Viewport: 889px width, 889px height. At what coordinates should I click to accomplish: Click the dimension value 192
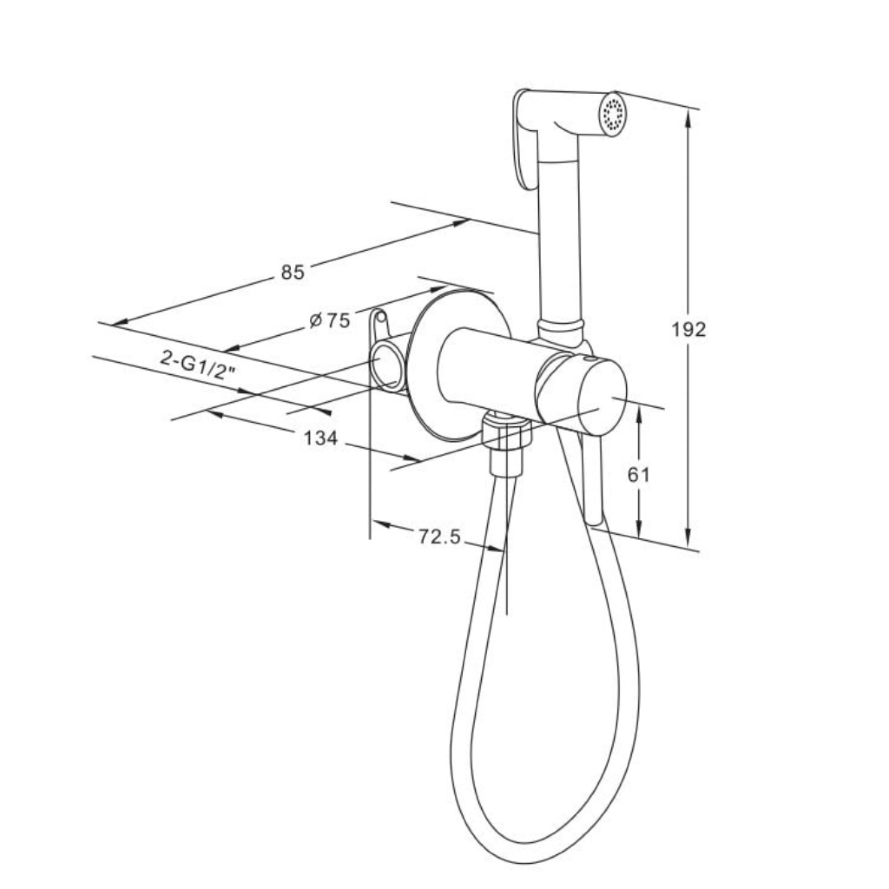(689, 329)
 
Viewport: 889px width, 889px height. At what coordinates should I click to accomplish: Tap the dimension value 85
(292, 272)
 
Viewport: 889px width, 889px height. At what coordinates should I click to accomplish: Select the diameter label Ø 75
(329, 320)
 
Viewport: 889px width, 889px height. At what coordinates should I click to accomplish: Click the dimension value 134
(321, 438)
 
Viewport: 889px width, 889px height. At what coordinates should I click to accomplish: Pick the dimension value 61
(639, 475)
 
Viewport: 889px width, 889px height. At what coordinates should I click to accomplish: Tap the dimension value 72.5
(440, 537)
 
